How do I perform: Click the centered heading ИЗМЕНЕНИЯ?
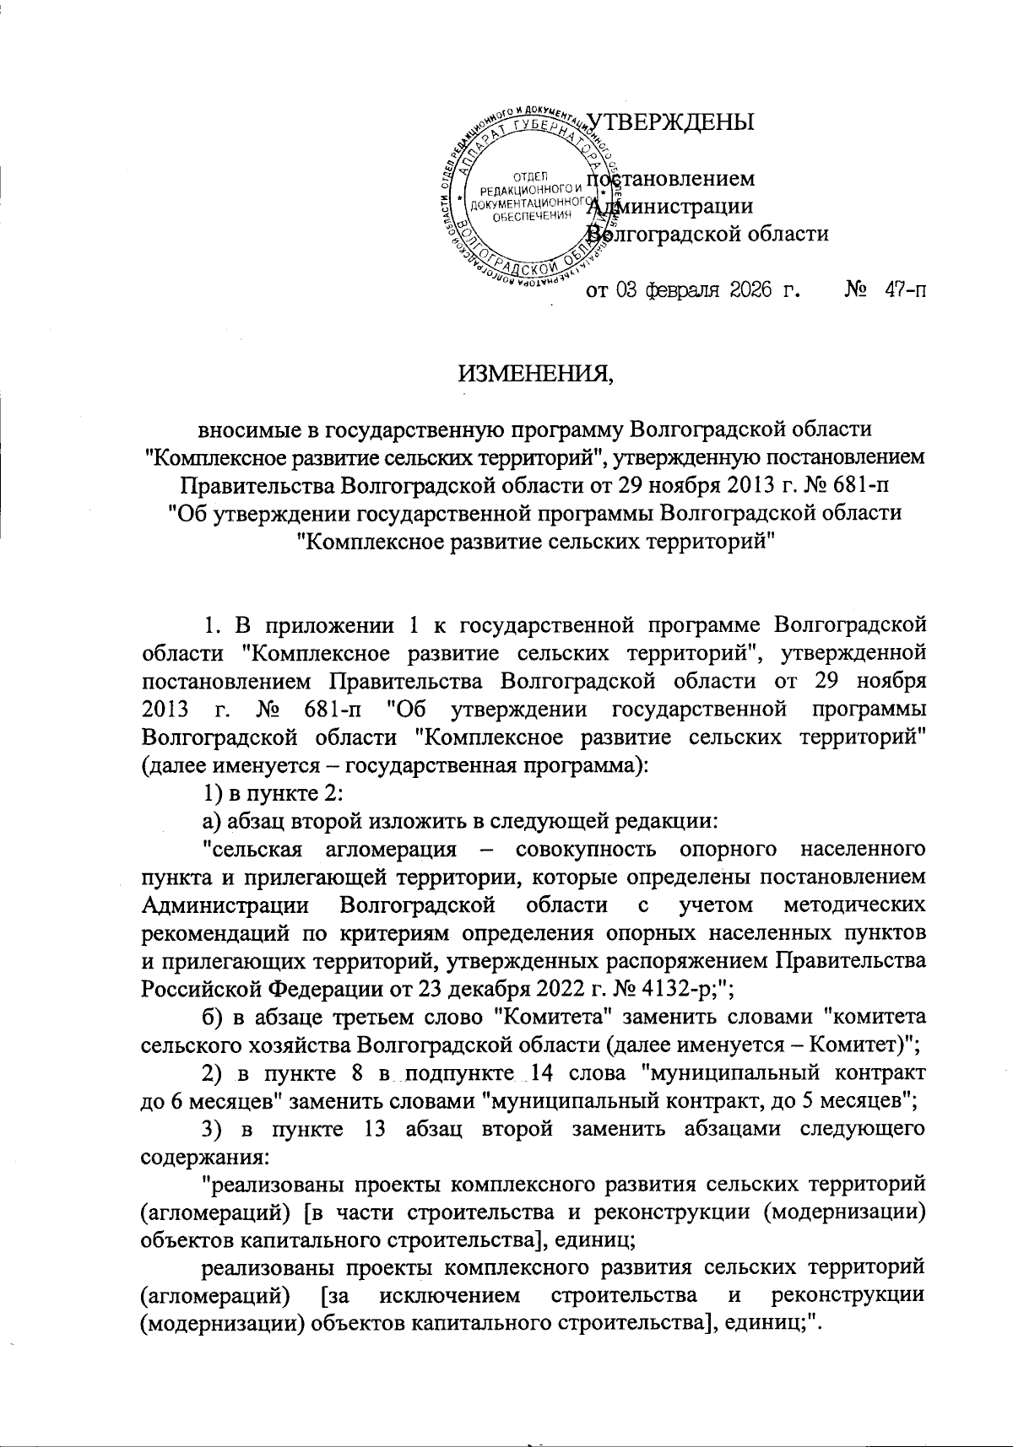coord(536,371)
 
